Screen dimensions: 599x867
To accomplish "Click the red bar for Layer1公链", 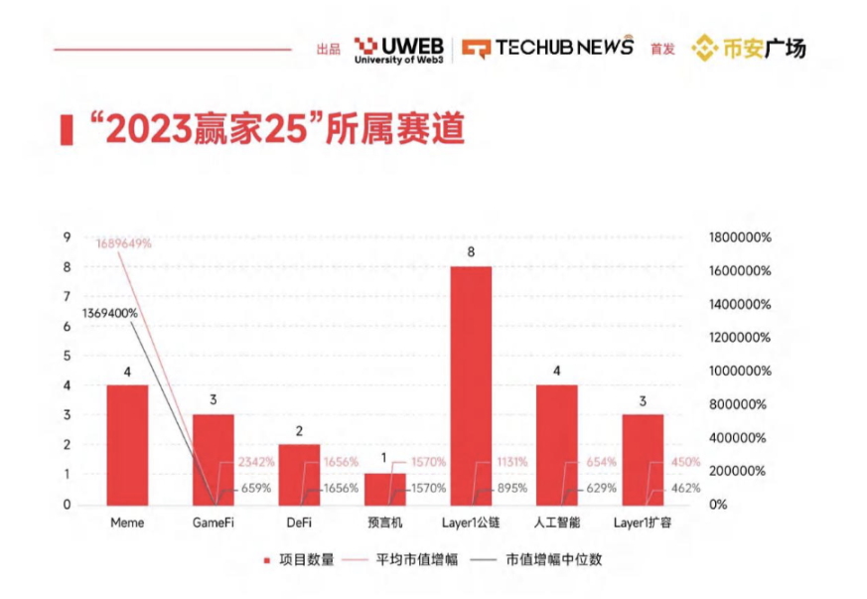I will click(471, 385).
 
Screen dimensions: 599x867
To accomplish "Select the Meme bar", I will click(127, 444).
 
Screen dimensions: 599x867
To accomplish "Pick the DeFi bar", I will click(299, 474).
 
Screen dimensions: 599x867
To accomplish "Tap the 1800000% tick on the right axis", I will click(739, 237).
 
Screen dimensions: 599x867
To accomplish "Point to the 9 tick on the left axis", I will click(67, 237).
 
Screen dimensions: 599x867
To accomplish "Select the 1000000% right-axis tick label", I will click(739, 371).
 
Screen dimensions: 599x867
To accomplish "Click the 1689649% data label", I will click(123, 242).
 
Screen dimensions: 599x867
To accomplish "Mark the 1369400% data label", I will click(109, 313).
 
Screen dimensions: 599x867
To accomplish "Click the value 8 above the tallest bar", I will click(471, 252).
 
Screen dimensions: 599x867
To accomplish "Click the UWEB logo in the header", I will click(397, 47).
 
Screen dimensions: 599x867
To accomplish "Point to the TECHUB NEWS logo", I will click(548, 47).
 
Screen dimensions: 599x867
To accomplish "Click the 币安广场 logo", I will click(749, 47).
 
